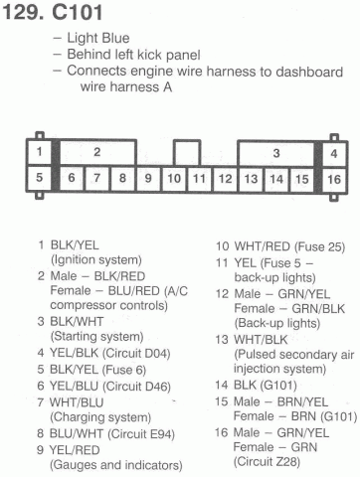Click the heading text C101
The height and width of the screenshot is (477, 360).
[x=77, y=13]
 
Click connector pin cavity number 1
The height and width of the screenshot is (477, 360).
[x=40, y=152]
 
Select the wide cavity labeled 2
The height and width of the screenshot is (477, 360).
[x=97, y=152]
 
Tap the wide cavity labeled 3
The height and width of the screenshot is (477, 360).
[x=275, y=153]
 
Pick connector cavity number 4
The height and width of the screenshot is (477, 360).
[x=334, y=153]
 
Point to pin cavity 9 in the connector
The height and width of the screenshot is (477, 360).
[x=148, y=178]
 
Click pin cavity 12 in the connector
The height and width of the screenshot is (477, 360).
[x=225, y=179]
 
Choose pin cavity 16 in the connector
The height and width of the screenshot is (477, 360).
[x=334, y=180]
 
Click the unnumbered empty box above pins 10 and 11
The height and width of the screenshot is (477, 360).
[x=187, y=152]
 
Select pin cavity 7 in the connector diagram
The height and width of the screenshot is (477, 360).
[x=97, y=178]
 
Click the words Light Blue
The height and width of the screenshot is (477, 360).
[x=98, y=38]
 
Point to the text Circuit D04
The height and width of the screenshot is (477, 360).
[x=136, y=354]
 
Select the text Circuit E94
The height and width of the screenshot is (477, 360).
[x=140, y=434]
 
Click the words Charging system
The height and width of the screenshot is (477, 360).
[x=100, y=417]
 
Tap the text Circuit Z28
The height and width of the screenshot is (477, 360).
[x=267, y=461]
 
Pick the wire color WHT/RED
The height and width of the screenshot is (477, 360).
[x=263, y=246]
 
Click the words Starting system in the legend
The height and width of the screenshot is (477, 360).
[x=96, y=337]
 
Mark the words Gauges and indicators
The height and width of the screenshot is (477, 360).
[x=116, y=465]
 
